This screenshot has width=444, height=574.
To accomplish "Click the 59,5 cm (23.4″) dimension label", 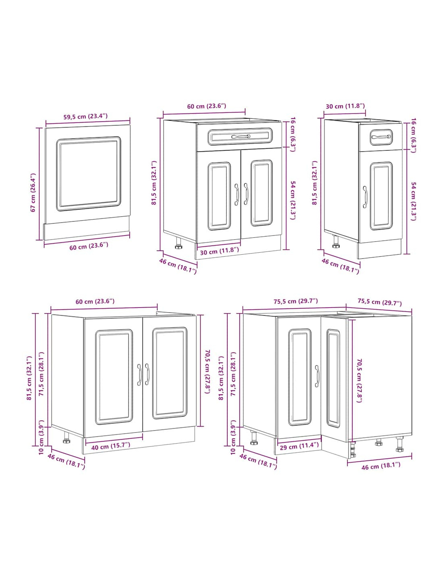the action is (x=85, y=116).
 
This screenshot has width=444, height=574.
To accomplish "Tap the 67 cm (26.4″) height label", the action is (x=33, y=193).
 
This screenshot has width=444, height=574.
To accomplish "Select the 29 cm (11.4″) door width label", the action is (x=298, y=446).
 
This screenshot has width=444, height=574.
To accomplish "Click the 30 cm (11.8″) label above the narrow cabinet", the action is (x=345, y=106).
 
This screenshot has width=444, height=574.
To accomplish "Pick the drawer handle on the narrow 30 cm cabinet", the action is (x=381, y=136).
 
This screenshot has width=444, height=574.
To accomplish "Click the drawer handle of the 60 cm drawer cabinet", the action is (x=240, y=136).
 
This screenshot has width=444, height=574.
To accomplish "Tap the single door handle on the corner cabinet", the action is (x=317, y=376).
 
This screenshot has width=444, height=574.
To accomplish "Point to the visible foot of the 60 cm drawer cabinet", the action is (x=178, y=243).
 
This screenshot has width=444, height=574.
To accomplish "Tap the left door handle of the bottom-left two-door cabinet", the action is (x=139, y=375).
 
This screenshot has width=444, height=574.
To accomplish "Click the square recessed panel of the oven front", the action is (x=88, y=174).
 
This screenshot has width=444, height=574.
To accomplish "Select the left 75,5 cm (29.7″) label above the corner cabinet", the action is (x=295, y=301).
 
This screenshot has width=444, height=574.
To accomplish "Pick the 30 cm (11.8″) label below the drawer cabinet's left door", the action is (x=219, y=251).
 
